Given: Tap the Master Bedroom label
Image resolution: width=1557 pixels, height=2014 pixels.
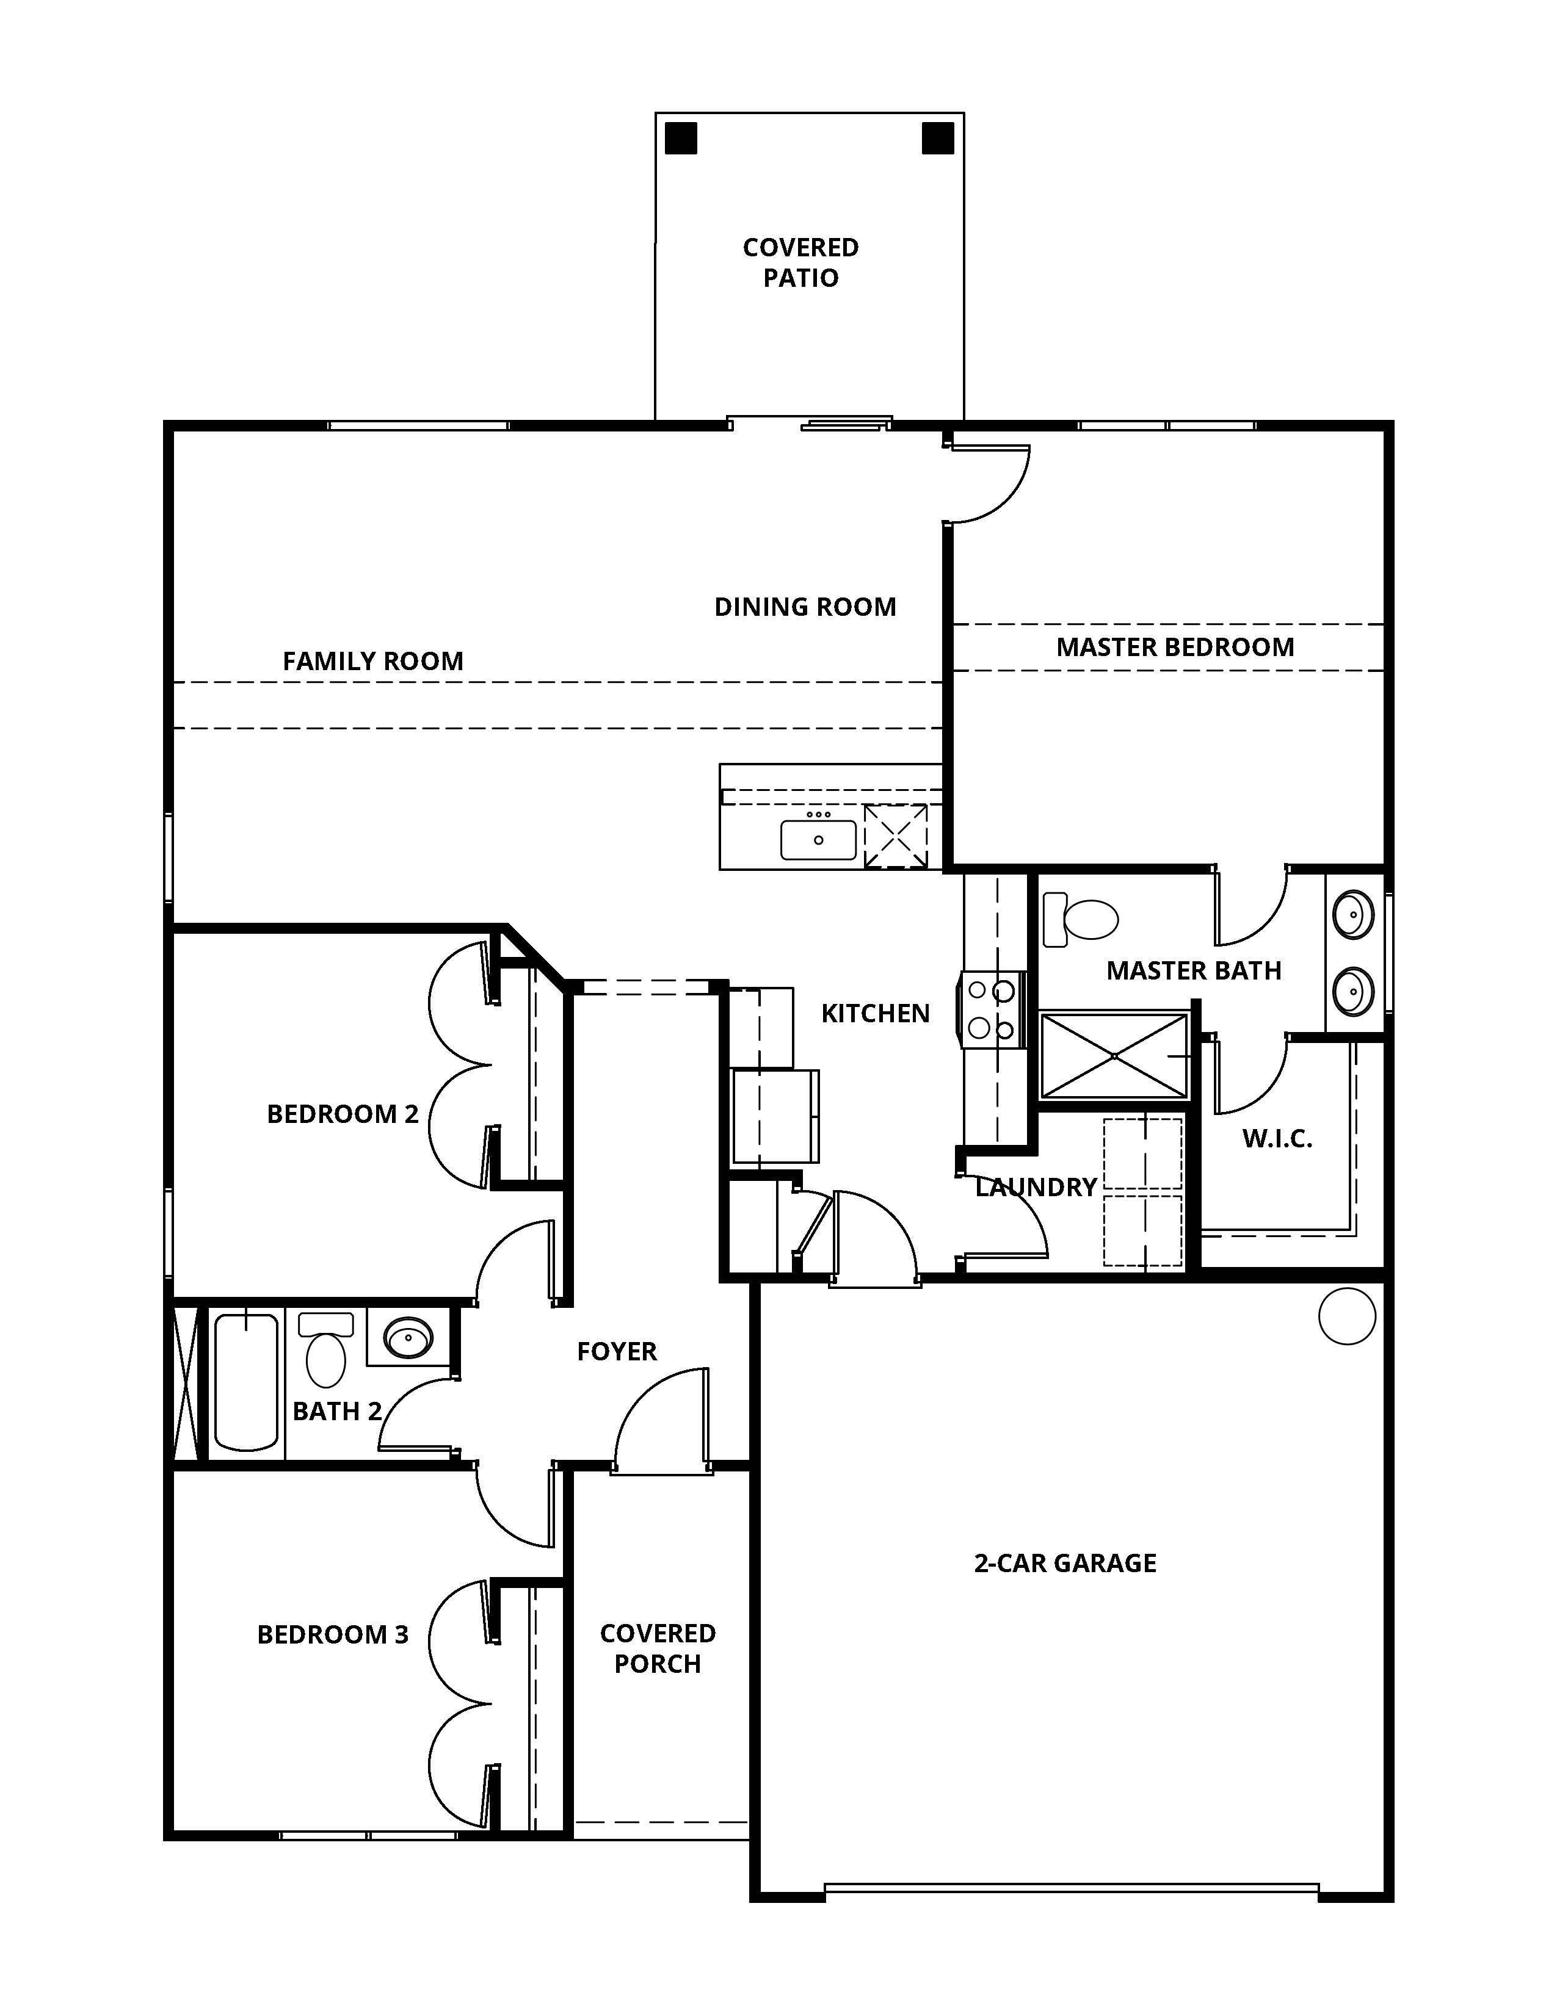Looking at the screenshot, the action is click(x=1175, y=648).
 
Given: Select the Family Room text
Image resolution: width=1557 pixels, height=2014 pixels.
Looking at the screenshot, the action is click(x=372, y=661).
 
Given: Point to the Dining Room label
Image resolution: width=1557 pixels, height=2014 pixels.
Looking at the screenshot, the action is click(x=805, y=607).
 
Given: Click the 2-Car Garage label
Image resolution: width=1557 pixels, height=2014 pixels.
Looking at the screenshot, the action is click(x=1065, y=1563).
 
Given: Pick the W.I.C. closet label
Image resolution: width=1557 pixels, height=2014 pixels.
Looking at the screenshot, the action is click(x=1277, y=1139).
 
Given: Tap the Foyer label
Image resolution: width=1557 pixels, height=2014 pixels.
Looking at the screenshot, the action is click(x=617, y=1352).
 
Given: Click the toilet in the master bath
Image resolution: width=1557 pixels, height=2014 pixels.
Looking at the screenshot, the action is click(x=1080, y=919).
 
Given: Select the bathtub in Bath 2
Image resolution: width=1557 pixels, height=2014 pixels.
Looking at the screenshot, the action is click(x=246, y=1383).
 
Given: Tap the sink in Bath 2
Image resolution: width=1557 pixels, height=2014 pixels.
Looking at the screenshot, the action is click(x=408, y=1337).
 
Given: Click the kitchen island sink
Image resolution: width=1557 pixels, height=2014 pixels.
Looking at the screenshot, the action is click(x=818, y=839).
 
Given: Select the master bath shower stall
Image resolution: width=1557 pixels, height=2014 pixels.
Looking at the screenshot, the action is click(x=1114, y=1056).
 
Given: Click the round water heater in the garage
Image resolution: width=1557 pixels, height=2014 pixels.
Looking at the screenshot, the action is click(x=1347, y=1316).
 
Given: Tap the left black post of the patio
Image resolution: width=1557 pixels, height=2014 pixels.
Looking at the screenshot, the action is click(x=681, y=139).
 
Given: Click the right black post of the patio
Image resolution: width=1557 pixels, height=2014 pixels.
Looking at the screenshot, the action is click(x=938, y=139).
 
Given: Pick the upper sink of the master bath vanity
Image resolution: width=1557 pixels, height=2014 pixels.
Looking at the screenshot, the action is click(x=1353, y=915).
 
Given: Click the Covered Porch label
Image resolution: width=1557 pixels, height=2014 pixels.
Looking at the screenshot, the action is click(x=658, y=1649).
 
